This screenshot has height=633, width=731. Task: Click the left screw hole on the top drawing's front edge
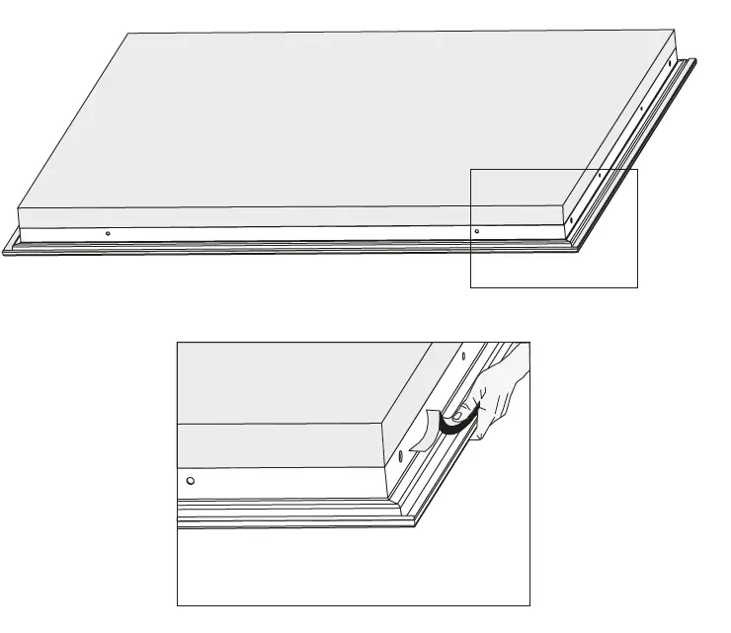(108, 233)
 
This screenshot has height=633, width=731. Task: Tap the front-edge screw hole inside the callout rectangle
(477, 231)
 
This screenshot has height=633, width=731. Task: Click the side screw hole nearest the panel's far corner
(671, 67)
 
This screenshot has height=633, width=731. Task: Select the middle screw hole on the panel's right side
(641, 109)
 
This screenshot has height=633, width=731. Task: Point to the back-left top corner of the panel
(129, 33)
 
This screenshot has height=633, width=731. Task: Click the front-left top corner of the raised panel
(19, 207)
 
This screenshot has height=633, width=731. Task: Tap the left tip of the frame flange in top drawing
(4, 252)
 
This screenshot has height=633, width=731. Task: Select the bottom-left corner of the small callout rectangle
(471, 286)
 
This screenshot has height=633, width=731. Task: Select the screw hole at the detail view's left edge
(190, 481)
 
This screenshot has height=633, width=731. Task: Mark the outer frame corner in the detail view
(415, 525)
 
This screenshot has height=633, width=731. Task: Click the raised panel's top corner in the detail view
(382, 424)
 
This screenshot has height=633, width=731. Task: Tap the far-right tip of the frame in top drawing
(706, 59)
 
